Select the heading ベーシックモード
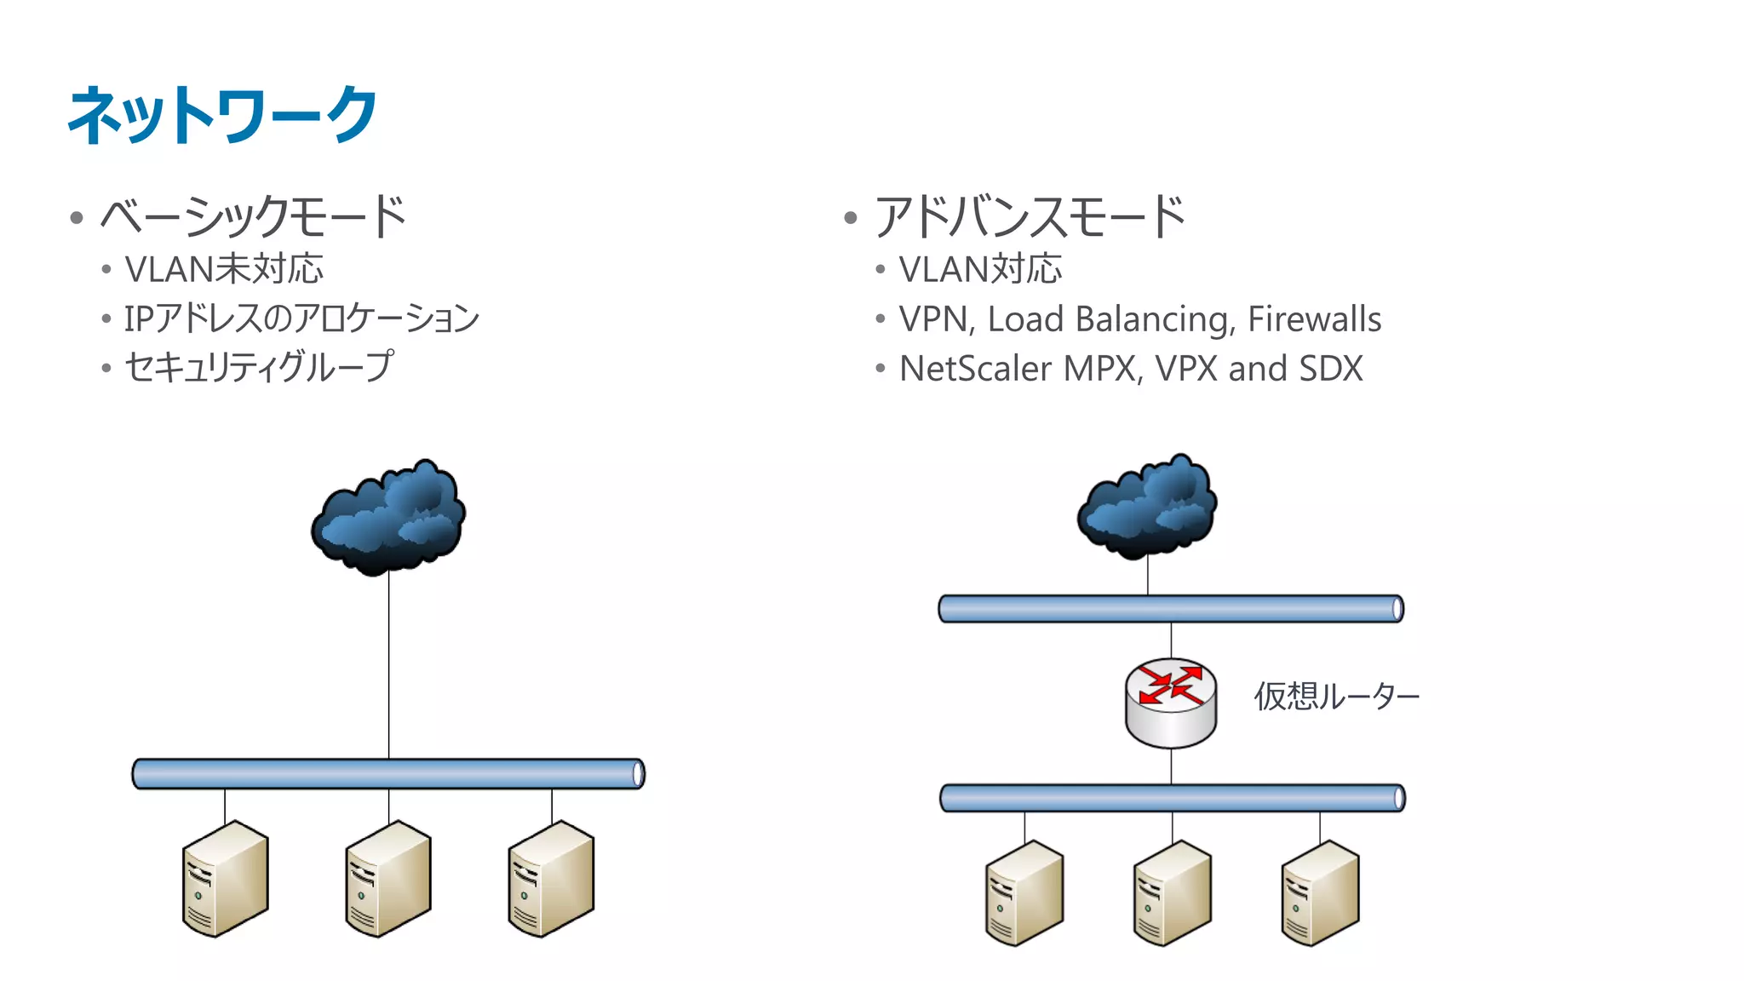point(253,216)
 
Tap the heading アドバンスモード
point(1029,216)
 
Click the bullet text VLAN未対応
point(224,269)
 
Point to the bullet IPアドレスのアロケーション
point(301,318)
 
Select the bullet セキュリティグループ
point(259,367)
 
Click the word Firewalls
point(1314,319)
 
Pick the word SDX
point(1330,369)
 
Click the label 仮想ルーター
point(1335,697)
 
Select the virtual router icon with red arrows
point(1171,702)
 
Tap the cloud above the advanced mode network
point(1147,507)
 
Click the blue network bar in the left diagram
point(388,774)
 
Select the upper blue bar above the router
point(1171,609)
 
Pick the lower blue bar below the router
point(1172,798)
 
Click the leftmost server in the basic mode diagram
point(225,879)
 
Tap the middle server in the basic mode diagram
point(388,879)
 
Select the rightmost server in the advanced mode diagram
point(1320,893)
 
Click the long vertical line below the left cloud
point(389,664)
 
